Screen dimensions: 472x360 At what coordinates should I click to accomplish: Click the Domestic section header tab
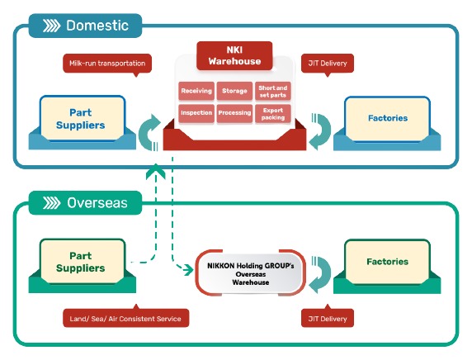[x=85, y=26]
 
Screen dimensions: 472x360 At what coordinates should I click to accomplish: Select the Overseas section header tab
[x=85, y=203]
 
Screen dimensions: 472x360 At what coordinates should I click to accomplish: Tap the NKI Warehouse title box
[x=234, y=55]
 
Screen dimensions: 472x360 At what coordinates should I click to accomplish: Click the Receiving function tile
[x=196, y=91]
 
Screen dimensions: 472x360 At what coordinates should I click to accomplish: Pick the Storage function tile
[x=234, y=91]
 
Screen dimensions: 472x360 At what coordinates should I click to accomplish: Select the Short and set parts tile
[x=273, y=91]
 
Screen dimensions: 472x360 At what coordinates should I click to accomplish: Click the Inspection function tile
[x=196, y=113]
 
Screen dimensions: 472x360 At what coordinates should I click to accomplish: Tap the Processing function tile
[x=234, y=113]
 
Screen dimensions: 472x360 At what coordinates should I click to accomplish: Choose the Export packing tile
[x=273, y=114]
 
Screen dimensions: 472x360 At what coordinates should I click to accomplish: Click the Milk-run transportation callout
[x=107, y=64]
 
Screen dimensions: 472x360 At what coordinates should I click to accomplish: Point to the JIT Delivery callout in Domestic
[x=328, y=64]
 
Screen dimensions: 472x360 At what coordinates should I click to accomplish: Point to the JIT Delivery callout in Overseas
[x=328, y=318]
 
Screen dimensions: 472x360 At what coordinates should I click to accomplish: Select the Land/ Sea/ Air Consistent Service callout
[x=125, y=318]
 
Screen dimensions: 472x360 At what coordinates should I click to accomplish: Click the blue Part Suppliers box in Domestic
[x=83, y=119]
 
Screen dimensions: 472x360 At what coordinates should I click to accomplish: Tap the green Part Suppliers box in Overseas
[x=83, y=262]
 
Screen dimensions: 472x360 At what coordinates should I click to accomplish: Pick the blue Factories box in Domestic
[x=387, y=118]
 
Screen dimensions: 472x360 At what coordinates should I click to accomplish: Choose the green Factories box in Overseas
[x=387, y=262]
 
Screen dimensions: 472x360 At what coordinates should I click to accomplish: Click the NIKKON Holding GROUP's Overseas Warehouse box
[x=251, y=274]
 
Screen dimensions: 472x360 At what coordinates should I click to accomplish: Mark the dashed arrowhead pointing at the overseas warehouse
[x=189, y=269]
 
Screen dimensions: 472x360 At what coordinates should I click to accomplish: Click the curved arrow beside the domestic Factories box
[x=324, y=130]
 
